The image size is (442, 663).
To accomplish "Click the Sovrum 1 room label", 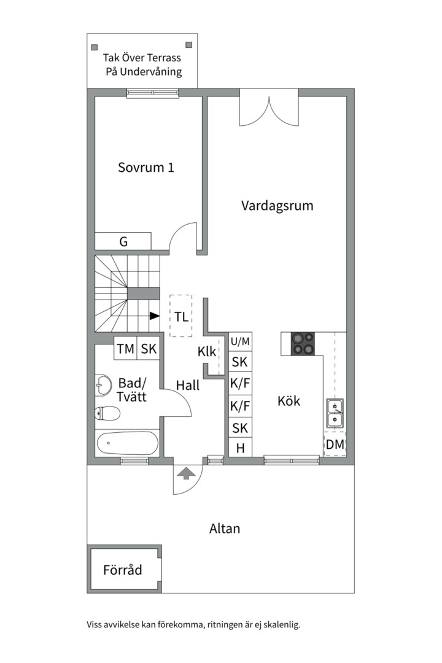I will tap(146, 167).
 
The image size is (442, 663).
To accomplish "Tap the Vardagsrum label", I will tap(277, 205).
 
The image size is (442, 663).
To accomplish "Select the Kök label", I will tap(289, 401).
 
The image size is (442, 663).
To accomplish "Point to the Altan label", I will tap(225, 528).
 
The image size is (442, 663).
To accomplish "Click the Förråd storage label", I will tap(123, 570).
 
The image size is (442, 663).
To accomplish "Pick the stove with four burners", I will tap(302, 344).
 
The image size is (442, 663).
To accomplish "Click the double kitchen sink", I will tap(335, 413).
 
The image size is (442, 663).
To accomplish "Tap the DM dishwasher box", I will tap(335, 444).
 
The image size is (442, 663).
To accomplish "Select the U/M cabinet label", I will tap(240, 341).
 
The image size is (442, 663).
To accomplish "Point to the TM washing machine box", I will tap(126, 349).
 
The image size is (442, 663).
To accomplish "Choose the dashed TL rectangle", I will tap(180, 317).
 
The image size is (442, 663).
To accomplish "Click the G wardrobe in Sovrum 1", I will tap(123, 241).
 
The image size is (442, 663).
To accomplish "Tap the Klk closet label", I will tap(207, 352).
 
